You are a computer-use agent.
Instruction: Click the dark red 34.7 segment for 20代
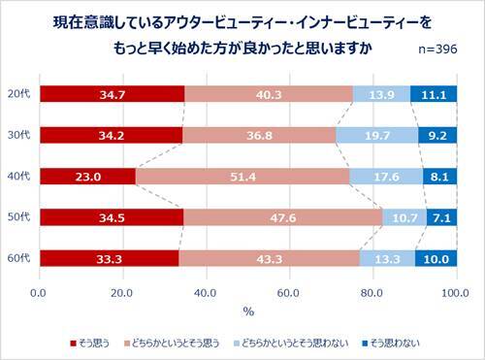[112, 94]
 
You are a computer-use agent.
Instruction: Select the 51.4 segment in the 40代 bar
[242, 177]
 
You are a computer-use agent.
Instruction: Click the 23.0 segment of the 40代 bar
[87, 177]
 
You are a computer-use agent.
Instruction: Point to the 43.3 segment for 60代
[269, 258]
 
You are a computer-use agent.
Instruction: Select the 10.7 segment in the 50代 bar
[404, 217]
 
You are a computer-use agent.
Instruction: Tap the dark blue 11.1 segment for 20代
[434, 94]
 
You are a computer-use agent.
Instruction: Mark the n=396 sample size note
[437, 48]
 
